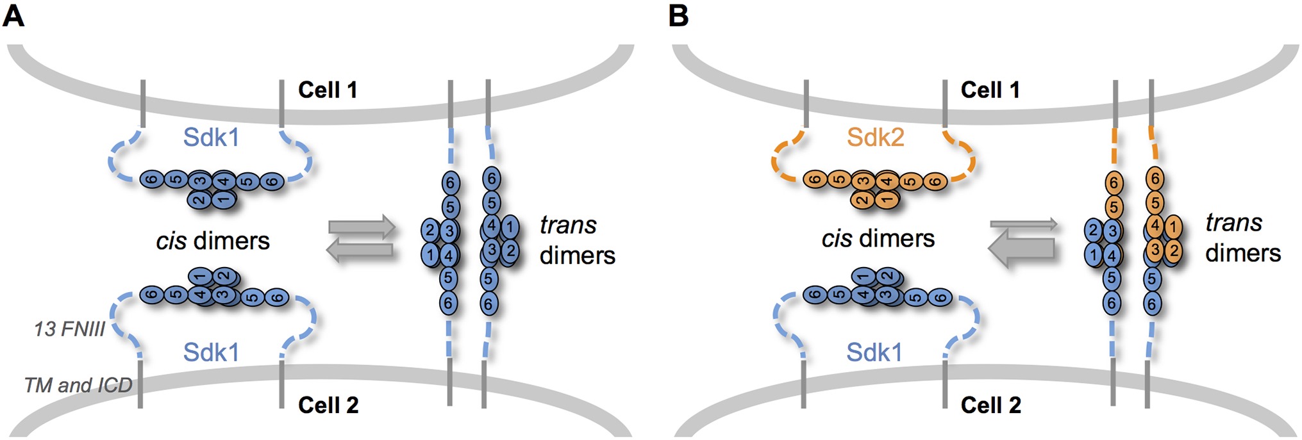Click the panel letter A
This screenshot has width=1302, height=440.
click(13, 15)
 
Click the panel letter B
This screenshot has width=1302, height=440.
click(678, 15)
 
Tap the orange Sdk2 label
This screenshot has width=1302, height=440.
click(875, 137)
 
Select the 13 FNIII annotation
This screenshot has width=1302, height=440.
click(69, 329)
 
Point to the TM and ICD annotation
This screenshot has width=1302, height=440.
click(78, 385)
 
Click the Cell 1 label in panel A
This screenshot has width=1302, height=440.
click(328, 90)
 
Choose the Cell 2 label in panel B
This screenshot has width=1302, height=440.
click(990, 405)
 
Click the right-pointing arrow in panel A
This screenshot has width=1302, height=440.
click(362, 227)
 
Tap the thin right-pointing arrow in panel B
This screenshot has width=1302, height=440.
click(1024, 224)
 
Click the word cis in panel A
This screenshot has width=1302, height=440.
click(171, 241)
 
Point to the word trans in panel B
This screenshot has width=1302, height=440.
click(1233, 222)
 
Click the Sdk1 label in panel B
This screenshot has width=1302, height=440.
click(874, 352)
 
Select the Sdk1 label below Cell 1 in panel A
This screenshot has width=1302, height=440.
click(211, 137)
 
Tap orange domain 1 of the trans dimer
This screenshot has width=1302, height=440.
click(1173, 227)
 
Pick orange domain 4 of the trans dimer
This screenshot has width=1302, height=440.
click(1155, 225)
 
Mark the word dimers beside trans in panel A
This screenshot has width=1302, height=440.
click(577, 255)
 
